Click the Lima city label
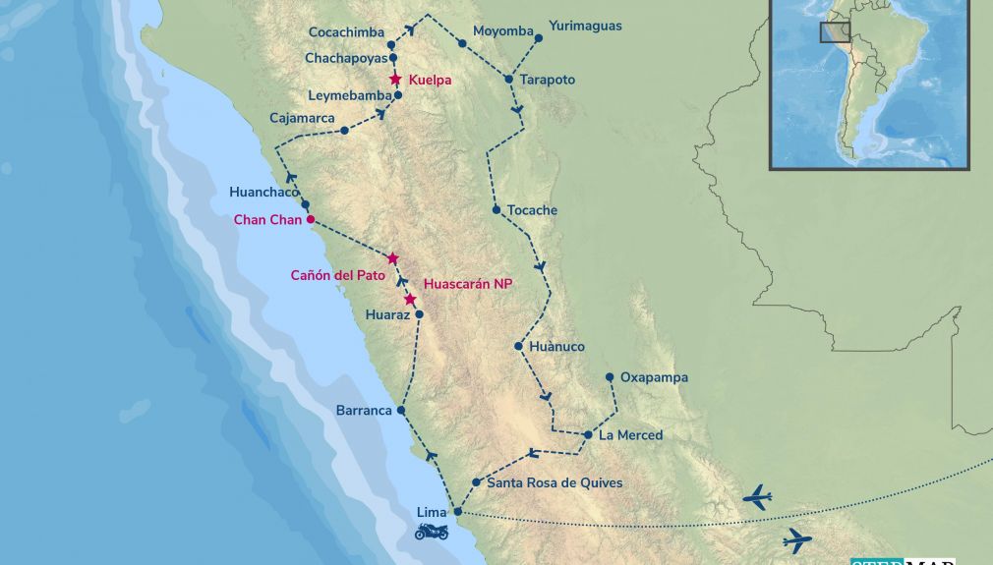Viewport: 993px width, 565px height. click(431, 512)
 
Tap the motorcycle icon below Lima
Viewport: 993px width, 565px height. click(432, 532)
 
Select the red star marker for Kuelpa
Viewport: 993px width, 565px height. click(395, 80)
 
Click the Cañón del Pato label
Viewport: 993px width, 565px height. click(337, 275)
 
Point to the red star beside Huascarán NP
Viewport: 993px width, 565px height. click(410, 299)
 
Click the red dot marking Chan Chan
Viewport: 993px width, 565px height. click(311, 219)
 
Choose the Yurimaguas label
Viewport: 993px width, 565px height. click(585, 26)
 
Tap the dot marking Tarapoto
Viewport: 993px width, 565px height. click(508, 79)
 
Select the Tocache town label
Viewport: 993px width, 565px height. click(532, 210)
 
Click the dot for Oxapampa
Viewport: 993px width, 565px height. click(610, 377)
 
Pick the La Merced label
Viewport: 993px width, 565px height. click(631, 434)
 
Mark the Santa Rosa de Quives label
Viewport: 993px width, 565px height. click(555, 482)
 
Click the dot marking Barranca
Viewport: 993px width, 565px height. click(401, 411)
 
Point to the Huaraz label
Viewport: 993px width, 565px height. click(386, 315)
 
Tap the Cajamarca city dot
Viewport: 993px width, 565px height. click(344, 131)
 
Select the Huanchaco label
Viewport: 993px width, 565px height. click(263, 192)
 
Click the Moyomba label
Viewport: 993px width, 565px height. click(502, 30)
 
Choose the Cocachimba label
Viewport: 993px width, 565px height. click(346, 32)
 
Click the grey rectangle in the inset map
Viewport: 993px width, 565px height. click(835, 31)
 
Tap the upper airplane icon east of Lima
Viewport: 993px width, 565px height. click(756, 498)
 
